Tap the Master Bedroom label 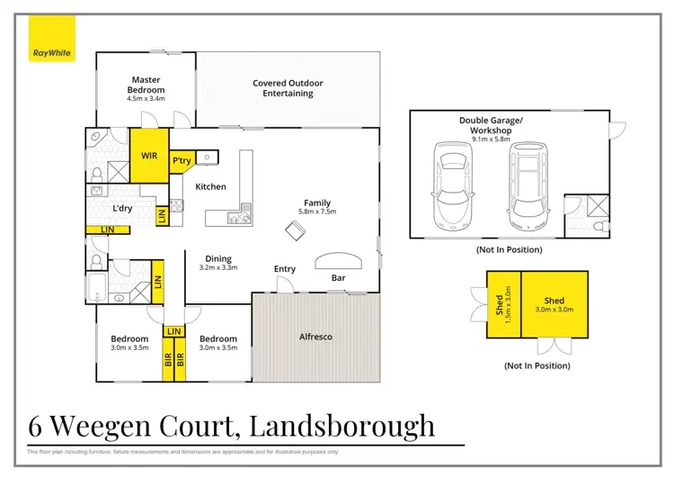point(146,85)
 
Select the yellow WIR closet point(149,155)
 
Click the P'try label point(182,160)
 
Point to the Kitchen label point(211,186)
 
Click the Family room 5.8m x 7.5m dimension point(317,212)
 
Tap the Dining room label point(218,257)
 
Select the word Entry point(285,269)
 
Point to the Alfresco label point(315,337)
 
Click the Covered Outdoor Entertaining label point(288,88)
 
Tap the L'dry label point(123,209)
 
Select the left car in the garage point(449,185)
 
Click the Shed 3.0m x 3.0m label point(554,306)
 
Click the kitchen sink point(240,217)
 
